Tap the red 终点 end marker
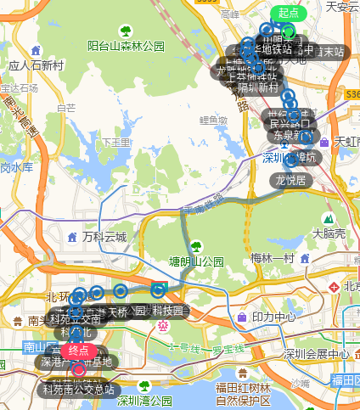click(x=78, y=350)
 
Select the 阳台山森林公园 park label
click(x=126, y=46)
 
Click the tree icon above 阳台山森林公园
click(x=126, y=31)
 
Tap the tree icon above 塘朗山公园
click(x=197, y=246)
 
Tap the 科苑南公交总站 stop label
click(x=79, y=390)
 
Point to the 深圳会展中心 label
click(x=316, y=354)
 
